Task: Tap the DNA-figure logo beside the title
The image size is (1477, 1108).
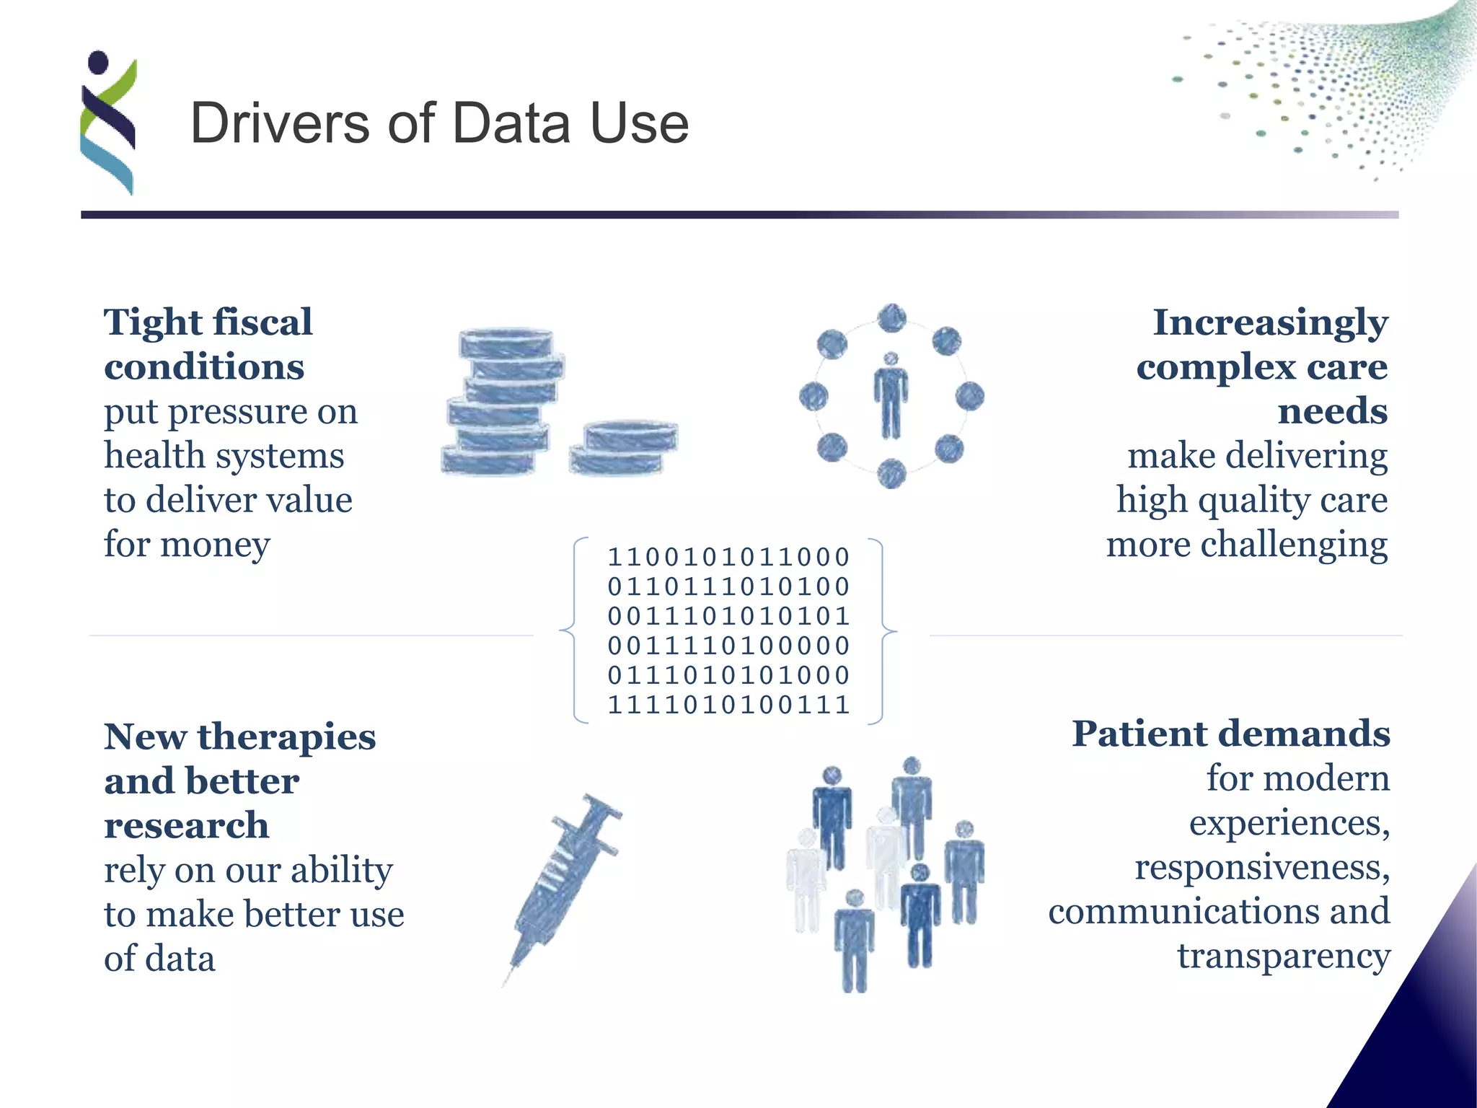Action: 108,123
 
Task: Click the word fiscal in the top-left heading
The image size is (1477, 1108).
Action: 263,322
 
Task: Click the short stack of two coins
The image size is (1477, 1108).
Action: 624,448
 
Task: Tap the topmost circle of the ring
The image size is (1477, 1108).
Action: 892,318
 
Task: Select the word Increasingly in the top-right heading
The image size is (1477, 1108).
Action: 1270,322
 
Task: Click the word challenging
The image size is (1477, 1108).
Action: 1294,545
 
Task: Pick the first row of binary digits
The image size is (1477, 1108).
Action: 728,557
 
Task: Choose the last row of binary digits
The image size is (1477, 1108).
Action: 728,705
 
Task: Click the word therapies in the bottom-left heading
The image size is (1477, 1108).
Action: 286,737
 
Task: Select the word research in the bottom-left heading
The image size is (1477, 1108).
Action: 186,826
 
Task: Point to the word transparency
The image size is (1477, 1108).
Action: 1283,957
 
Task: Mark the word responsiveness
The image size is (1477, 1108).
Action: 1261,868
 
